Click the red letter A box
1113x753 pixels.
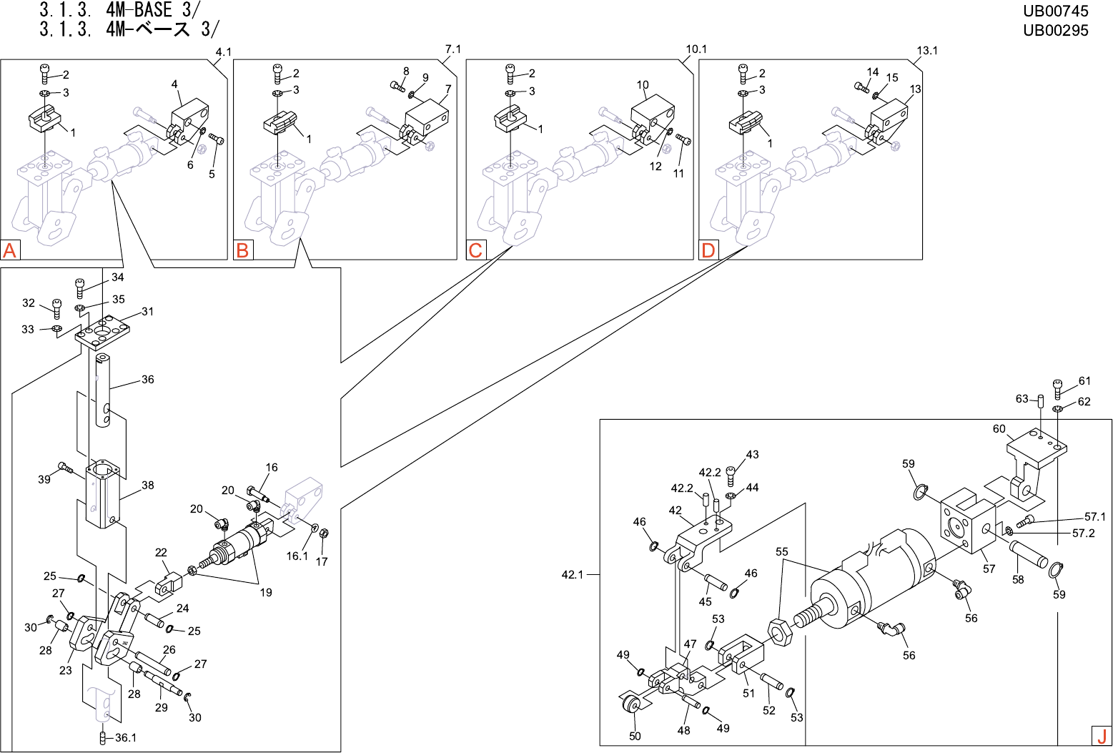[10, 250]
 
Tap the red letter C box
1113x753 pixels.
[475, 250]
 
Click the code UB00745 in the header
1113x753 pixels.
[1055, 11]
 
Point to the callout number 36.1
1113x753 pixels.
[125, 737]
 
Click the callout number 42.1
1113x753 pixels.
[573, 574]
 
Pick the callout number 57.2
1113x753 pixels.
[1083, 533]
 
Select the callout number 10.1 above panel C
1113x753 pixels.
[696, 49]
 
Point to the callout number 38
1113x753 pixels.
[147, 485]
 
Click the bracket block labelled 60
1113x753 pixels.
[1037, 451]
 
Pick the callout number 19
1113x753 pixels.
[266, 592]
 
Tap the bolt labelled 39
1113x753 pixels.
[65, 468]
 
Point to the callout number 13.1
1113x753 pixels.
[927, 50]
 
